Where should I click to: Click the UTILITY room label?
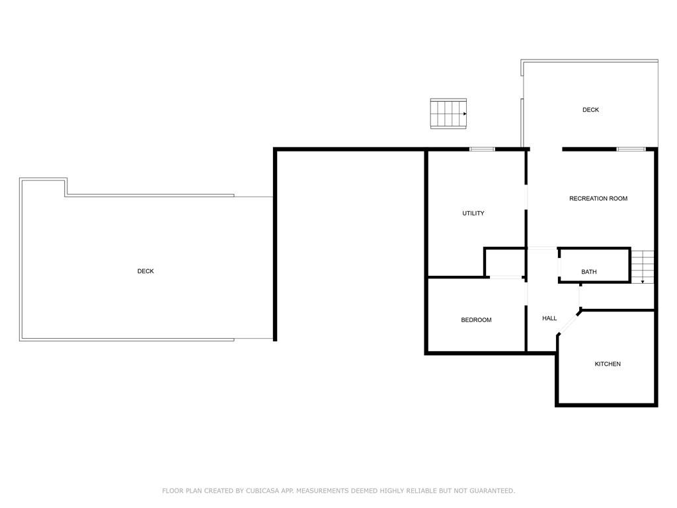(x=473, y=213)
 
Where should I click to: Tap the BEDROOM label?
(x=476, y=319)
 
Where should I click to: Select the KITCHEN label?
(x=608, y=364)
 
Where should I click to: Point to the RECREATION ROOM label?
(x=598, y=198)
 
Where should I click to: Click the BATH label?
(x=589, y=272)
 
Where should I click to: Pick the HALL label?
(x=549, y=318)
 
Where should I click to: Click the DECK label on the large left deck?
(x=145, y=271)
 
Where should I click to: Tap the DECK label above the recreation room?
(x=590, y=110)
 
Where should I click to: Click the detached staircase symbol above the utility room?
(x=448, y=114)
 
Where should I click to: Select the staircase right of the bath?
(x=643, y=267)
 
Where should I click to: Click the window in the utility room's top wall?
(x=482, y=149)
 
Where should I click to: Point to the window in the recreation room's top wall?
(x=631, y=149)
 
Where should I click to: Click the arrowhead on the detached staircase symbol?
(x=465, y=114)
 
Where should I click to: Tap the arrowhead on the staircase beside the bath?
(x=643, y=282)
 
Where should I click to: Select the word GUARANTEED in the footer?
(x=491, y=491)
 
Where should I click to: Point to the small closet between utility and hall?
(x=504, y=262)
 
